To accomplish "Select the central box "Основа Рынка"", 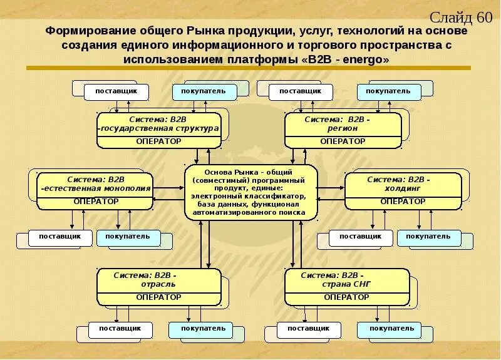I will [249, 192].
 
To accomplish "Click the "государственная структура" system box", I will [158, 130].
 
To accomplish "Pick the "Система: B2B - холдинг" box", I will [403, 190].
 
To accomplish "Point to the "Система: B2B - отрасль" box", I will [158, 286].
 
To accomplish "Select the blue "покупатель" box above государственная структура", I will [204, 91].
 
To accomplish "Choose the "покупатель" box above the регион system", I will [388, 91].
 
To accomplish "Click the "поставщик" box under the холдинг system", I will [360, 237].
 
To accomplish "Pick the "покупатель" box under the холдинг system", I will [428, 237].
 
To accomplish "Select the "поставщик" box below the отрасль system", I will [121, 329].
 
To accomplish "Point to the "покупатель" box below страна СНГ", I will [391, 329].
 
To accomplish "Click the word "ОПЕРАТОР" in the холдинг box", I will [403, 202].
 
